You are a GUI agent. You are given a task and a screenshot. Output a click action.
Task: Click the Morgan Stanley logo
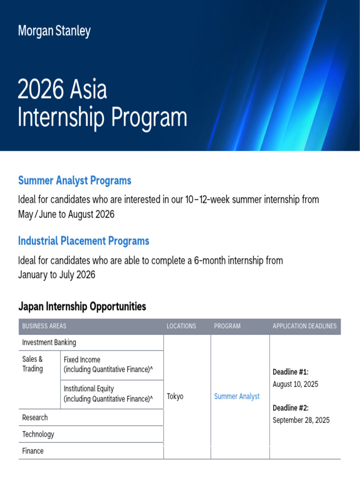[x=54, y=31]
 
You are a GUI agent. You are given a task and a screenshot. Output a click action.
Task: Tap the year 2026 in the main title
[x=39, y=90]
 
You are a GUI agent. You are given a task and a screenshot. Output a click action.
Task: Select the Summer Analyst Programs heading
[x=75, y=180]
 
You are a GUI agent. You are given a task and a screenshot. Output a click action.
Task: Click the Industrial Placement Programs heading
[x=83, y=241]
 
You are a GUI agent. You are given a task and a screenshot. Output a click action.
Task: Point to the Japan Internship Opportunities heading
[x=82, y=307]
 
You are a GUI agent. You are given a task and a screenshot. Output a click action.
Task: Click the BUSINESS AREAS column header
[x=45, y=326]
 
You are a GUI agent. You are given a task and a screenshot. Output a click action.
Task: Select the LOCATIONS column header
[x=181, y=326]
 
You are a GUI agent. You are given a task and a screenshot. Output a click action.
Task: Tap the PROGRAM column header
[x=227, y=326]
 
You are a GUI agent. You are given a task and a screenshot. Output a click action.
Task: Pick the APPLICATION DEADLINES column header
[x=305, y=326]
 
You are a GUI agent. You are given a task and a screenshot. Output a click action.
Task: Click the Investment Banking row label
[x=49, y=343]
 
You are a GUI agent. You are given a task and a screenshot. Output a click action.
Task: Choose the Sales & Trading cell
[x=33, y=364]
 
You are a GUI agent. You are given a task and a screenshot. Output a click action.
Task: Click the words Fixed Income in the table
[x=82, y=360]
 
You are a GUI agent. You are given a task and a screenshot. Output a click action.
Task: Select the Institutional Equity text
[x=89, y=389]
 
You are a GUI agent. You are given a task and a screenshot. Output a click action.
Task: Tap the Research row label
[x=35, y=417]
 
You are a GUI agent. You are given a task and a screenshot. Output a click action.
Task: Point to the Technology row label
[x=38, y=434]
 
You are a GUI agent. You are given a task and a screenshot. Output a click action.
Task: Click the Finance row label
[x=33, y=451]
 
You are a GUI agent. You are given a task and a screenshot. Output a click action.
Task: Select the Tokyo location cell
[x=175, y=397]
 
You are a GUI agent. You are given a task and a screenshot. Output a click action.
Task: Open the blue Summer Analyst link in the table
[x=237, y=397]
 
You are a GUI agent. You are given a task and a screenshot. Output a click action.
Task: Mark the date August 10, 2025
[x=295, y=384]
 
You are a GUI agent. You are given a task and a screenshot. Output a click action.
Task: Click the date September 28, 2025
[x=301, y=420]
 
